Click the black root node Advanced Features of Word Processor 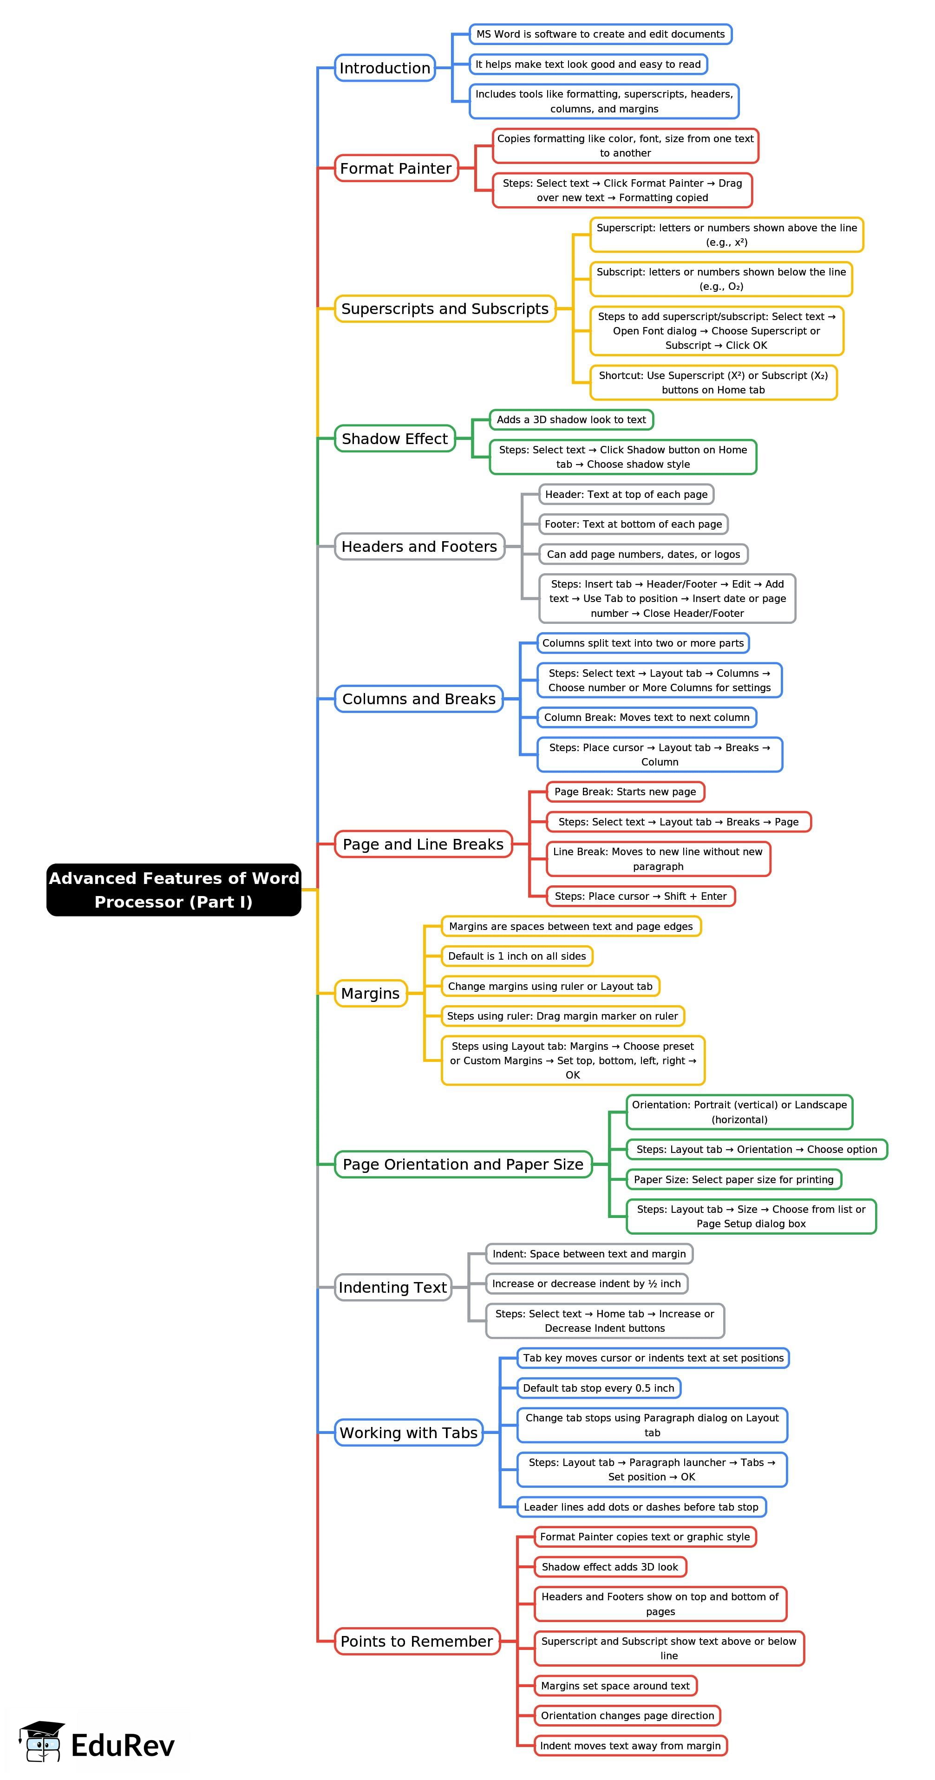(x=173, y=890)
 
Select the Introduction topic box (x=385, y=68)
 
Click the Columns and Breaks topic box (x=419, y=699)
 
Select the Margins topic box (x=370, y=993)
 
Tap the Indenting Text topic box (x=392, y=1287)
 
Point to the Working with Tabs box (x=408, y=1433)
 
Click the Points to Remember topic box (x=417, y=1641)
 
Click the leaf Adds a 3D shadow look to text (x=571, y=419)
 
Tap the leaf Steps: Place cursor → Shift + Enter (x=641, y=896)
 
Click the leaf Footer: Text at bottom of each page (x=633, y=524)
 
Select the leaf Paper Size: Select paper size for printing (x=733, y=1179)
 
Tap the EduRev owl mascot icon (x=43, y=1741)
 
